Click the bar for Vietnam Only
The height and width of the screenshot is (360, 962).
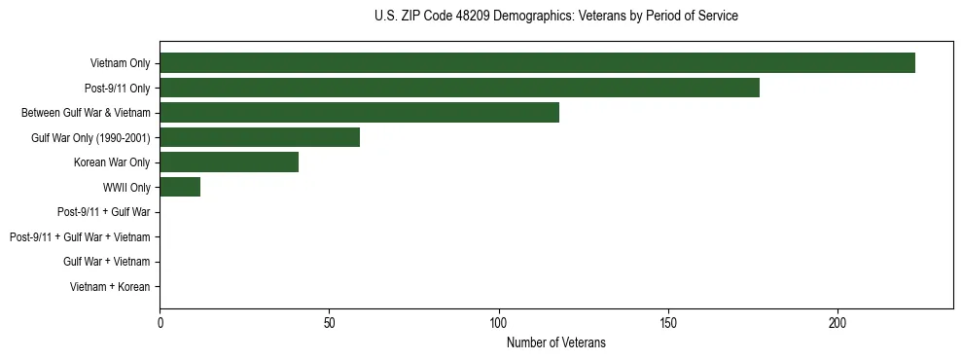(x=537, y=63)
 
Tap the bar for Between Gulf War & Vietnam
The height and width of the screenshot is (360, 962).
(x=359, y=113)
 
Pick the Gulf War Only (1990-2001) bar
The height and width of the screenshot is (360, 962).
(x=260, y=137)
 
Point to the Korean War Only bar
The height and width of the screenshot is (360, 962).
(x=229, y=162)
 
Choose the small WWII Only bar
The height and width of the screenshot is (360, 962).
(x=180, y=187)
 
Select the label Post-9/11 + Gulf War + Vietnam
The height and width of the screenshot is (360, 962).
(x=80, y=236)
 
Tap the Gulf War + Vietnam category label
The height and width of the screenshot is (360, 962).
(x=106, y=262)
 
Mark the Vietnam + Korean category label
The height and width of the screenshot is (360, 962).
(x=110, y=287)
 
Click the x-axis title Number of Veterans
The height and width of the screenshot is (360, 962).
(x=555, y=342)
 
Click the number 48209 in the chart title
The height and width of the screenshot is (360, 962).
(x=476, y=17)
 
